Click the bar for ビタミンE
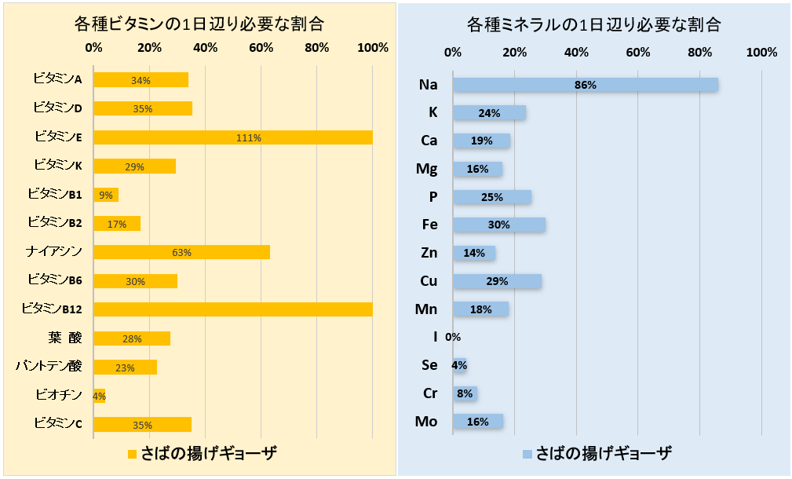233,137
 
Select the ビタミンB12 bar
233,309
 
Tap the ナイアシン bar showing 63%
181,252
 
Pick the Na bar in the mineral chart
586,85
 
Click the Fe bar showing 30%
499,225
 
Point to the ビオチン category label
59,395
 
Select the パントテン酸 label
49,366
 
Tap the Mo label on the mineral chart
426,422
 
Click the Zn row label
428,253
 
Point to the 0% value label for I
453,338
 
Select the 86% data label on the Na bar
586,85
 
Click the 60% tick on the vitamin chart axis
261,48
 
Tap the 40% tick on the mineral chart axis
576,53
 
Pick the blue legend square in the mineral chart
527,454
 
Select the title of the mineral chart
593,24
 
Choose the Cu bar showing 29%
497,281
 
